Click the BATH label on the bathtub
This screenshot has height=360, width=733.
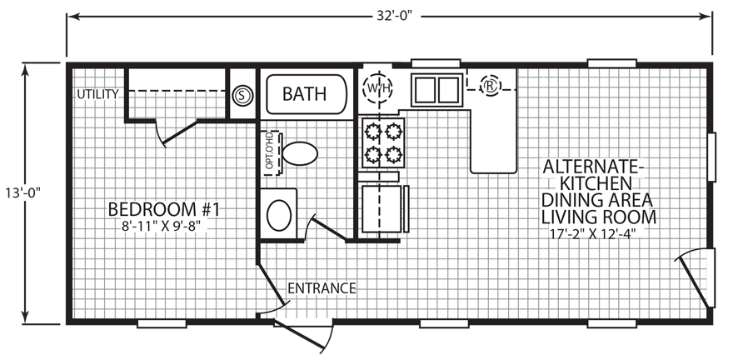[304, 93]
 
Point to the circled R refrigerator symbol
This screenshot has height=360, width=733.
[491, 84]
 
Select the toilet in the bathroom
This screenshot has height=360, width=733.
[298, 154]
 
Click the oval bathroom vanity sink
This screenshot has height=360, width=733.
[280, 213]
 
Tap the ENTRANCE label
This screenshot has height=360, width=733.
[322, 289]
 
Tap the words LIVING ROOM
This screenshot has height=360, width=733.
[599, 217]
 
